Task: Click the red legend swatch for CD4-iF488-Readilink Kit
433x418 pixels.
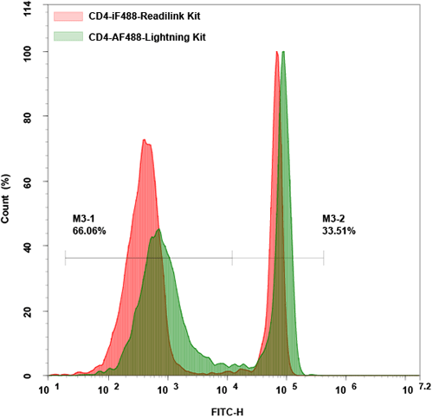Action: coord(69,16)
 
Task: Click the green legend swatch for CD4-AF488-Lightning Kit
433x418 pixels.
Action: coord(69,35)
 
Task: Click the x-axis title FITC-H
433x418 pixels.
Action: coord(229,409)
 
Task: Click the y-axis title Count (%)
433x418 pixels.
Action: coord(7,199)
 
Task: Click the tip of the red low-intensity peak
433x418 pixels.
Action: coord(146,140)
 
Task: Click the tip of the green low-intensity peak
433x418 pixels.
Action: coord(158,229)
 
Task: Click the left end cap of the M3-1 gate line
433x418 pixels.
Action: coord(65,258)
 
